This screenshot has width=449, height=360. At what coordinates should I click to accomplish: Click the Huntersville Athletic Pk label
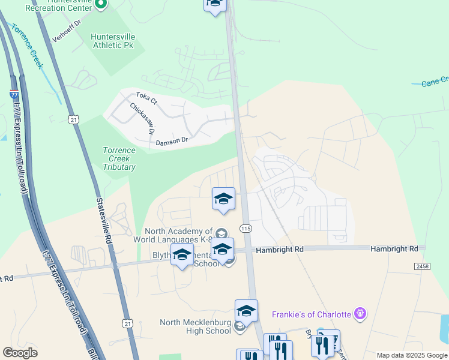tap(112, 41)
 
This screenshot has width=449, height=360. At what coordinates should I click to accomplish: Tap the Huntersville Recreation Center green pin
tap(101, 5)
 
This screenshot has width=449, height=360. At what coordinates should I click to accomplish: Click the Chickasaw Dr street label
tap(143, 118)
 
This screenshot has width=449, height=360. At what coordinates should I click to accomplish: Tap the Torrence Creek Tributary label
tap(119, 159)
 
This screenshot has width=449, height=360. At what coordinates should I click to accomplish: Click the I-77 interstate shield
tap(14, 94)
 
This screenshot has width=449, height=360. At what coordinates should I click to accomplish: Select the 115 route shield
tap(245, 229)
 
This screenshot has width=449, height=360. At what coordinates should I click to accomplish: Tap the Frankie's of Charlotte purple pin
tap(360, 313)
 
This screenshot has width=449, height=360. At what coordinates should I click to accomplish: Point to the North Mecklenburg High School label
tap(195, 326)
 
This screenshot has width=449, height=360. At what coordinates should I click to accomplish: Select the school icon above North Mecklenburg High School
tap(246, 311)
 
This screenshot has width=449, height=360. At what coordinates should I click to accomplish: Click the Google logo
tap(20, 353)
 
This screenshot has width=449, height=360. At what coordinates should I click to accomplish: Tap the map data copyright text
tap(412, 355)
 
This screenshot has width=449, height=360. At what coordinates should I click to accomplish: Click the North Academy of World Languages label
tap(178, 235)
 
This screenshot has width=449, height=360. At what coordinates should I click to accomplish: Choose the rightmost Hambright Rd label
tap(394, 248)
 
